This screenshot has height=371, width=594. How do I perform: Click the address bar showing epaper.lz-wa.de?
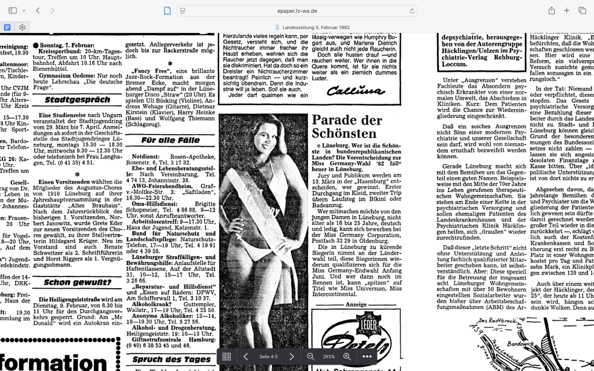(296, 10)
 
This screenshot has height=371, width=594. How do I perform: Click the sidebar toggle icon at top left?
(13, 10)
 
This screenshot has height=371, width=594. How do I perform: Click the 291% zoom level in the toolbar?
(328, 357)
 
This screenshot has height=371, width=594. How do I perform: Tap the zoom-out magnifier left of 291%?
(310, 357)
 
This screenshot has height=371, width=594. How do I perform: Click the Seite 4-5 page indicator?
(268, 357)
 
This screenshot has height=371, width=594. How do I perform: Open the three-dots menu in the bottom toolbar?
(367, 357)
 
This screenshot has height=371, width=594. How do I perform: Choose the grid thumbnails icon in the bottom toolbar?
(226, 357)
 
